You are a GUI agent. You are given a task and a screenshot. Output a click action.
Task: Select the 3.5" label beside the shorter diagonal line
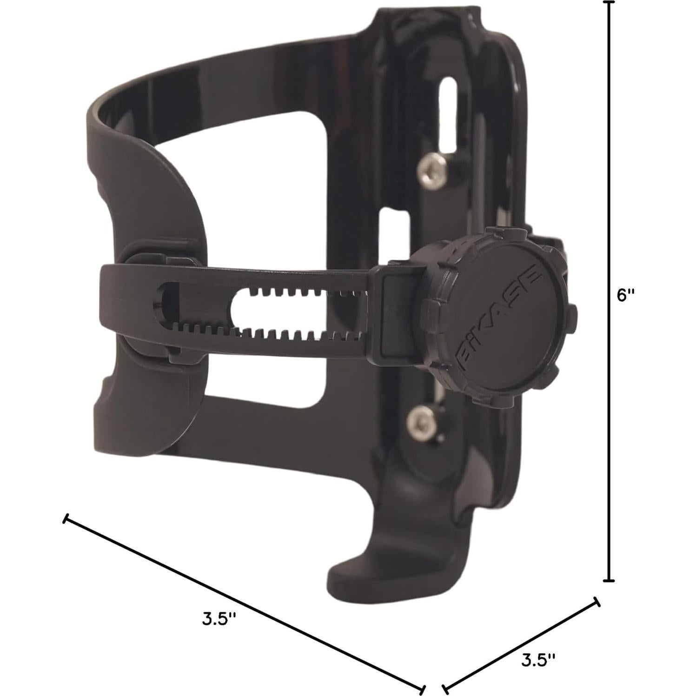[x=538, y=659]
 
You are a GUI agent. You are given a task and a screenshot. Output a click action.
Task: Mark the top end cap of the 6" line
[x=609, y=2]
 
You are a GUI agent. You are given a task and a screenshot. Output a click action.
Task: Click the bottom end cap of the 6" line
[x=609, y=580]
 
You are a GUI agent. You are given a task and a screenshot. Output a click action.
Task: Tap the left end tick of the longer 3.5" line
[x=66, y=519]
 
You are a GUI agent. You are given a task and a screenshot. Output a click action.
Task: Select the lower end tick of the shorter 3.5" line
[x=445, y=688]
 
